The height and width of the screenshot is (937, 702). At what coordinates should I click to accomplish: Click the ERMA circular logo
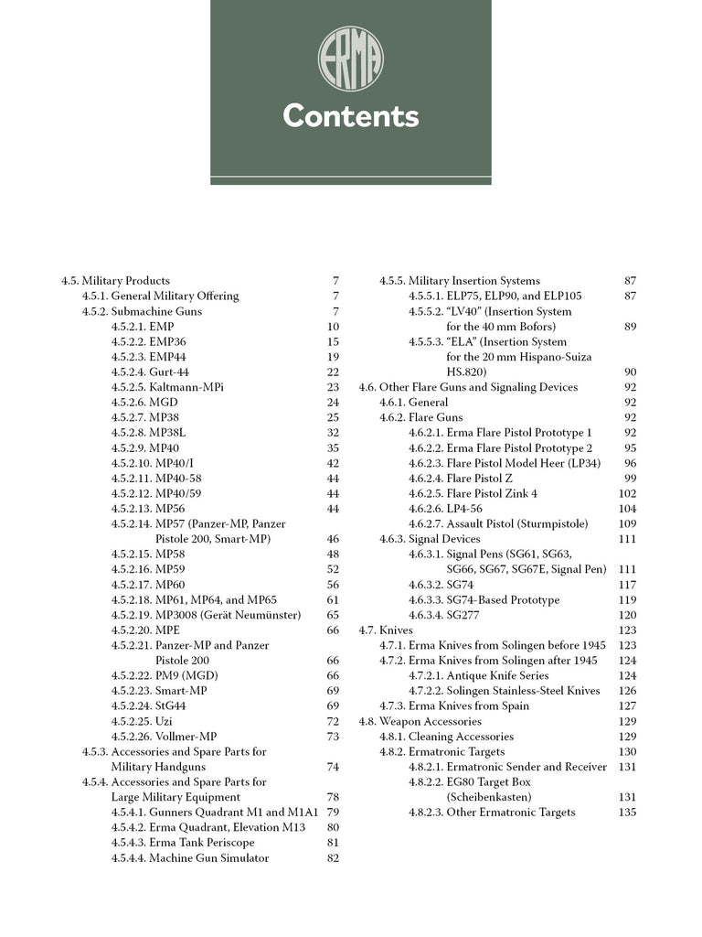(x=350, y=59)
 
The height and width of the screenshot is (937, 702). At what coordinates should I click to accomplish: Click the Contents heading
(x=350, y=116)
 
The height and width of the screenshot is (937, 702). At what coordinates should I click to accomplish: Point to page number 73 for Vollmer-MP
(x=333, y=737)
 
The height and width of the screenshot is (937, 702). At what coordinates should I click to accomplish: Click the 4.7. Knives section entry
(x=386, y=630)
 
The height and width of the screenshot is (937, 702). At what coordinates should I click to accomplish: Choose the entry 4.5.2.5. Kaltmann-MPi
(x=167, y=387)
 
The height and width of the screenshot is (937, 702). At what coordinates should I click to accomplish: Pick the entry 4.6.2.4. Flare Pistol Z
(x=461, y=479)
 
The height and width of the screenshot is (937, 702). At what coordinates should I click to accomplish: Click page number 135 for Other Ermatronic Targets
(x=627, y=813)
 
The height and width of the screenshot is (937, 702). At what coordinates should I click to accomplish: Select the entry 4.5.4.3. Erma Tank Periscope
(x=183, y=843)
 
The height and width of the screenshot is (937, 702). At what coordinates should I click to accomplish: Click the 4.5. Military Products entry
(x=115, y=281)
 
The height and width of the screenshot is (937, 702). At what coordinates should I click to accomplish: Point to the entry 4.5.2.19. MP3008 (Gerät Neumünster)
(x=206, y=615)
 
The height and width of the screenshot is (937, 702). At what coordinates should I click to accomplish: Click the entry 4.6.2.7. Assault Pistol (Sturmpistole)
(x=498, y=524)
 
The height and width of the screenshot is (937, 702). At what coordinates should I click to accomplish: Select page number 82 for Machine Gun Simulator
(x=333, y=858)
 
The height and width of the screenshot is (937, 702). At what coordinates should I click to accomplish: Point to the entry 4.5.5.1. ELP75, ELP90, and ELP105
(x=495, y=296)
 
